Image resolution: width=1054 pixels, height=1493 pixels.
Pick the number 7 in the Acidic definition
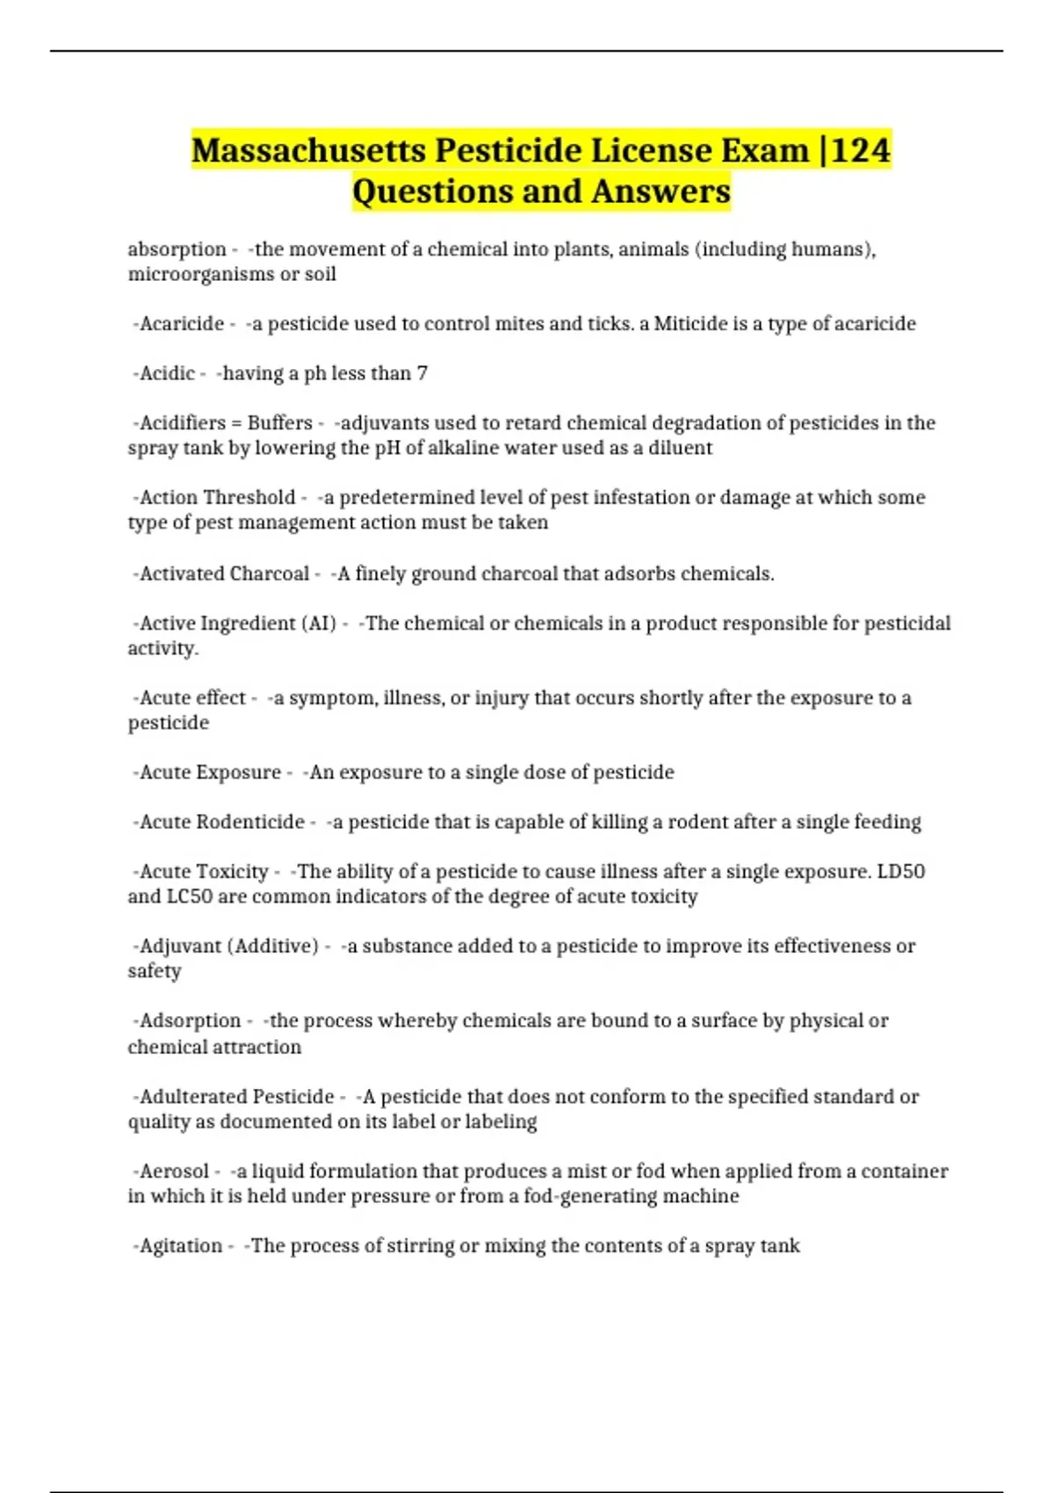point(422,373)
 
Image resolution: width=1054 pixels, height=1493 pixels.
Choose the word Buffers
point(279,423)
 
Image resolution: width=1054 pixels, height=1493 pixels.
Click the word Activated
point(180,574)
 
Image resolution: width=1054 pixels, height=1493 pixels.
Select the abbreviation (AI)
point(319,624)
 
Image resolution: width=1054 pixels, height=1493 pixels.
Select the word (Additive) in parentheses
point(273,947)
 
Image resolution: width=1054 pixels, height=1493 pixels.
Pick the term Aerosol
point(174,1172)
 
